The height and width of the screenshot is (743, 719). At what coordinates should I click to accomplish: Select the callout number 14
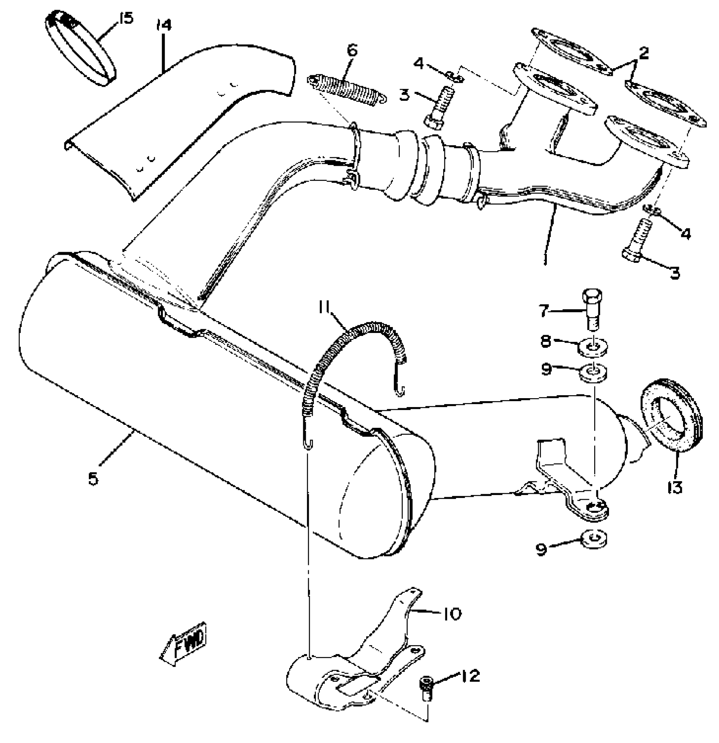tap(164, 25)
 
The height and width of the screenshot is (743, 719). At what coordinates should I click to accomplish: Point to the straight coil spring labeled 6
tap(347, 90)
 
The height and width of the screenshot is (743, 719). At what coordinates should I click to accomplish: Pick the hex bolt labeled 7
tap(593, 309)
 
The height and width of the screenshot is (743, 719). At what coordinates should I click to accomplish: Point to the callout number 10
tap(452, 614)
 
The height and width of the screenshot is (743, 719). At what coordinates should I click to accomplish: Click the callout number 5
tap(93, 479)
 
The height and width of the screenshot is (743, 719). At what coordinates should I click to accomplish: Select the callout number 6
tap(352, 50)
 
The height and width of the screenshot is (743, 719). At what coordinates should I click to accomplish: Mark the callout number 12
tap(471, 676)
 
